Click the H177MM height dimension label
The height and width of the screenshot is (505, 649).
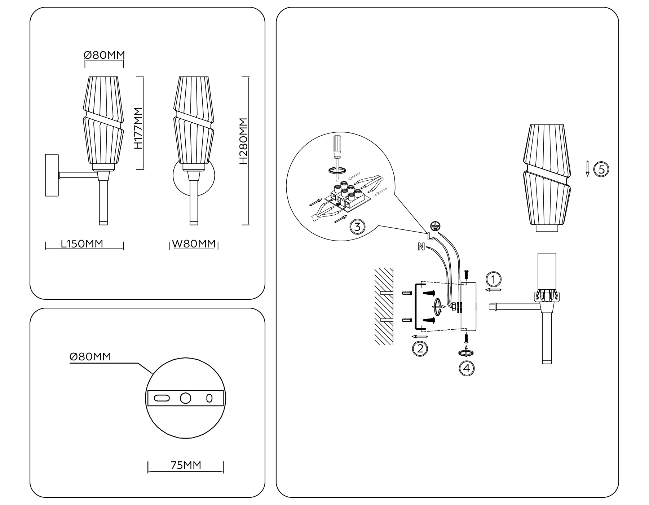pos(138,128)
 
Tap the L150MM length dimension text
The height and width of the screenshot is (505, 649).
pos(82,244)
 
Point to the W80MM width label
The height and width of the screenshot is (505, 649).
pos(194,244)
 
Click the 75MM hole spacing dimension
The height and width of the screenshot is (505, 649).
pos(186,465)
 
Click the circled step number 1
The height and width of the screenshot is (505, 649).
pos(494,280)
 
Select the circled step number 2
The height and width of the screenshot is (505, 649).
pos(420,349)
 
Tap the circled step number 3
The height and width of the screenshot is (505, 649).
pos(357,227)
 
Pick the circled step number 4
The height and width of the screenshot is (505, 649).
pos(467,368)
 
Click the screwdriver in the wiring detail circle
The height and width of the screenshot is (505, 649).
pos(337,151)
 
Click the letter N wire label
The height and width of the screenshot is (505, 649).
pos(421,247)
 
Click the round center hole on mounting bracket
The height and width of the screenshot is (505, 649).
pos(185,398)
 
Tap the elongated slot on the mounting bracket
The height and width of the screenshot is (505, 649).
pos(162,398)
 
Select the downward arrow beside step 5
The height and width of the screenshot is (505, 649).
pos(587,169)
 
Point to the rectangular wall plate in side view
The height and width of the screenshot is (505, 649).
pos(52,175)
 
